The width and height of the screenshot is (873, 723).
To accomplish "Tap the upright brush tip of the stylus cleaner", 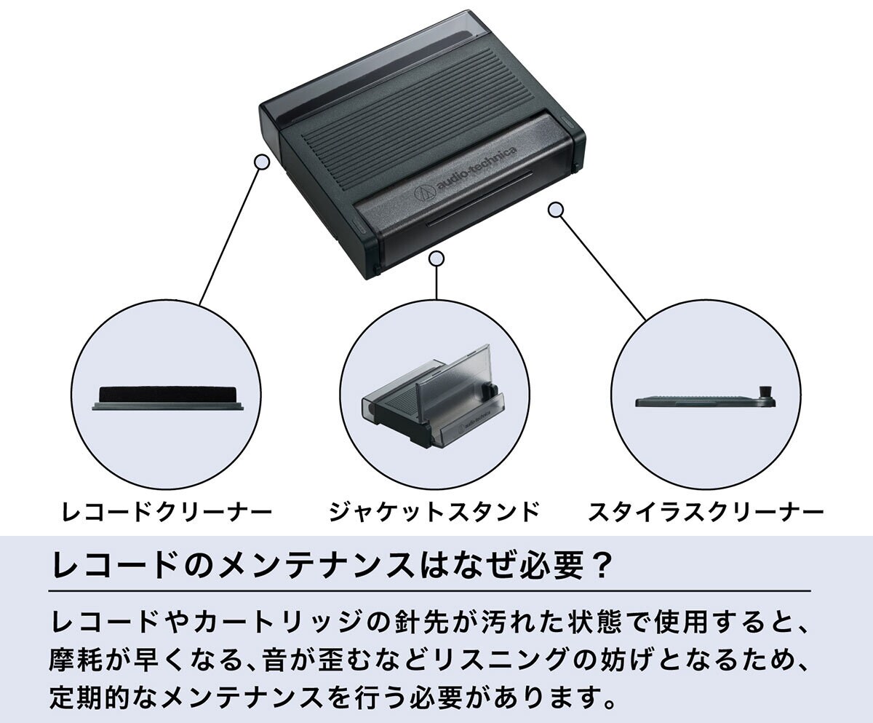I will pos(766,391).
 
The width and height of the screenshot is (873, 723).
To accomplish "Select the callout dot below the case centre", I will pos(436,258).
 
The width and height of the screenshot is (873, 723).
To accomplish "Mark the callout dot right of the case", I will pos(556,210).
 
